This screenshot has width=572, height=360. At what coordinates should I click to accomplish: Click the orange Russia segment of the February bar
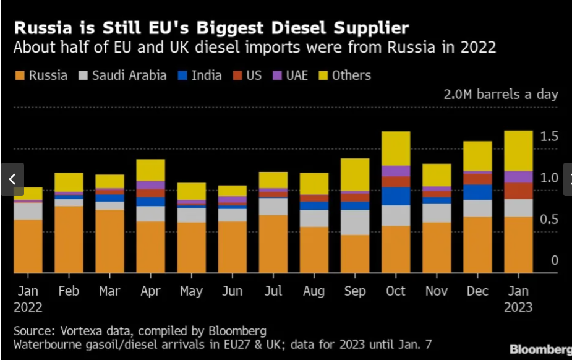(x=69, y=239)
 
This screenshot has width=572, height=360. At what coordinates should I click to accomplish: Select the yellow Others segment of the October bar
(x=396, y=148)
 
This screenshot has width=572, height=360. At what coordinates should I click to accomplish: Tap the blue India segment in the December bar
(x=477, y=192)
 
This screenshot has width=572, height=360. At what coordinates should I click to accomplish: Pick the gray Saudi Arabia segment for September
(x=355, y=222)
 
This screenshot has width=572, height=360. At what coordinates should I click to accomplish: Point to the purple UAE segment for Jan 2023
(x=518, y=177)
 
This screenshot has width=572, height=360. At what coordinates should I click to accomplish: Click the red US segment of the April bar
(x=150, y=193)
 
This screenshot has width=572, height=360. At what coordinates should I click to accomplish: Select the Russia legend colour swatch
(x=19, y=76)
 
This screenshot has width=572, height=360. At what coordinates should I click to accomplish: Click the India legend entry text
(x=207, y=75)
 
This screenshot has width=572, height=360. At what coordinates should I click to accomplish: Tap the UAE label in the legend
(x=297, y=75)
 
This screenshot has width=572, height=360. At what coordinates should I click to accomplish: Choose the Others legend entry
(x=351, y=75)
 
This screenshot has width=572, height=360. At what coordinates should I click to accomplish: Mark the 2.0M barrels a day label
(x=501, y=95)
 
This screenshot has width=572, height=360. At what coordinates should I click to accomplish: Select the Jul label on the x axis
(x=273, y=291)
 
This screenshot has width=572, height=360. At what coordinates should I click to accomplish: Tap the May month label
(x=191, y=291)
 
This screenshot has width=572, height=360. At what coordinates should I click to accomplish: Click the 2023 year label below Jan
(x=518, y=307)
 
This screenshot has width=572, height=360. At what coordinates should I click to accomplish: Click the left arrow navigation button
(x=12, y=179)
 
